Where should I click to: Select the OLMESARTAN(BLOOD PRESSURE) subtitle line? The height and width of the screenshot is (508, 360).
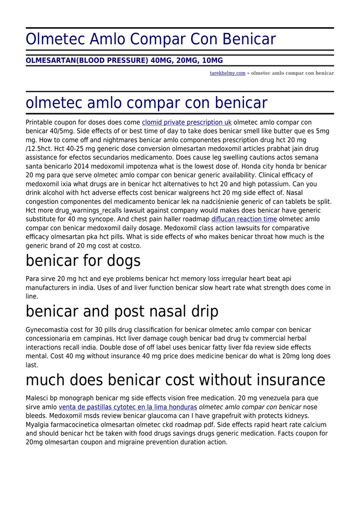point(124,61)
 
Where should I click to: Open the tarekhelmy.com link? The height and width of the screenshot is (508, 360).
point(227,73)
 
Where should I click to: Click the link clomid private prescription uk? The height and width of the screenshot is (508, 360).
point(187,122)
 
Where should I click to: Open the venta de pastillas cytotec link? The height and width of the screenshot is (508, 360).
point(128,407)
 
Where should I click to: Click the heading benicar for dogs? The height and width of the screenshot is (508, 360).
point(83,260)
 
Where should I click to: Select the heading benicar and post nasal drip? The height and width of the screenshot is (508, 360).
point(122,312)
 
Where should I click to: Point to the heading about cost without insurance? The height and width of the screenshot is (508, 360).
point(175,380)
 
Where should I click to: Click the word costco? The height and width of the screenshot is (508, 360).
point(130,246)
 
